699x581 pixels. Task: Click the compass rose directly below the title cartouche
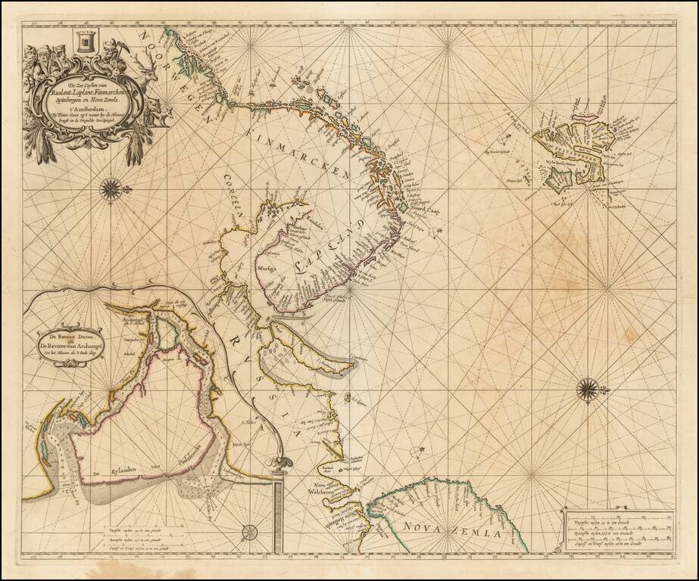pyautogui.click(x=111, y=188)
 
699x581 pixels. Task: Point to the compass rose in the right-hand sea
pyautogui.click(x=587, y=390)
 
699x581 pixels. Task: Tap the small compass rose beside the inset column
pyautogui.click(x=249, y=533)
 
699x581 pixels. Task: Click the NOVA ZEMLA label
pyautogui.click(x=452, y=529)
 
